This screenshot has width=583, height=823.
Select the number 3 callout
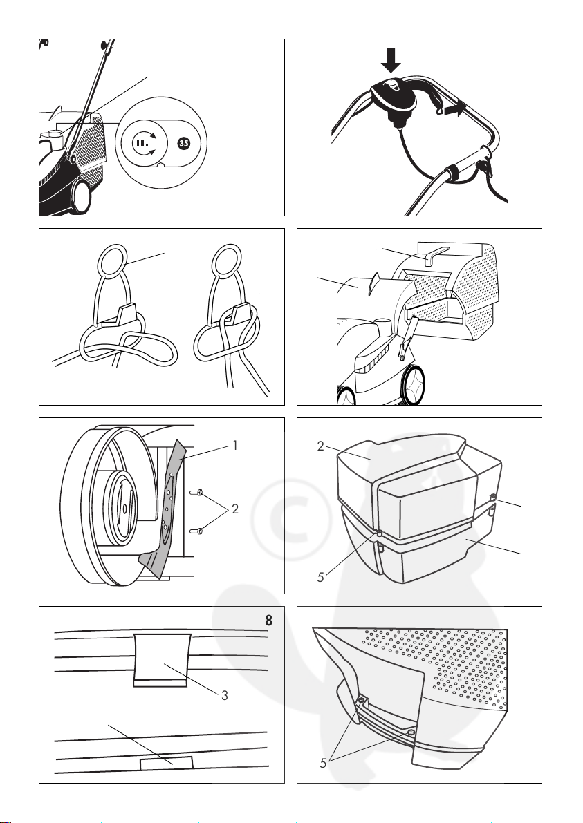pos(225,695)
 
